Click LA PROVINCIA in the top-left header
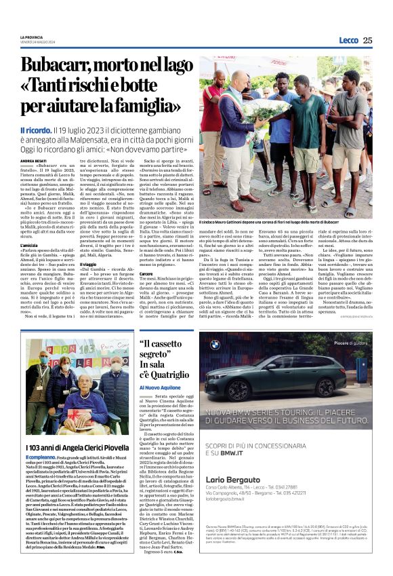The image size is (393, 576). (x=33, y=37)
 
